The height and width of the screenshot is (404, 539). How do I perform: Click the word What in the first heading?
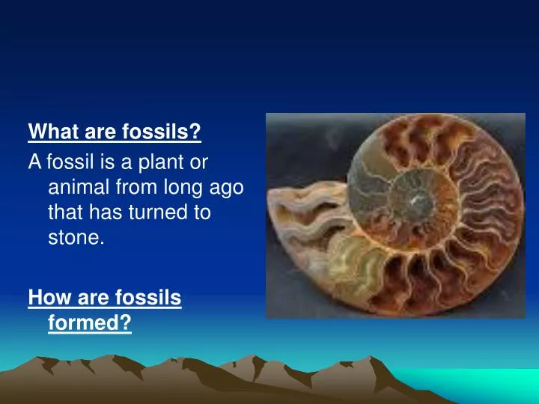[x=51, y=132]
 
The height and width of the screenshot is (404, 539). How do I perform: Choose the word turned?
[x=159, y=212]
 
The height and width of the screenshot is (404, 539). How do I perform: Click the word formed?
[x=90, y=324]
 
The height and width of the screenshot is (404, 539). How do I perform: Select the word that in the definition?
[x=65, y=212]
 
